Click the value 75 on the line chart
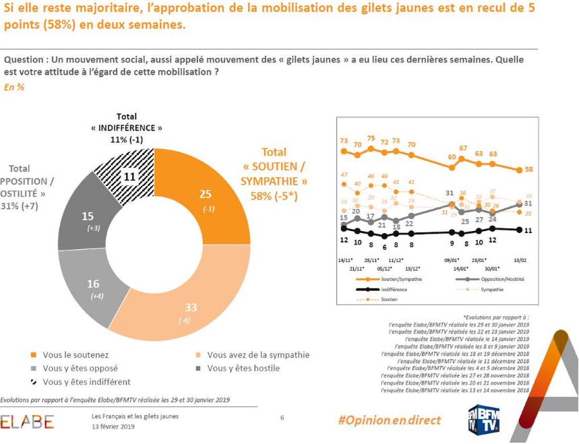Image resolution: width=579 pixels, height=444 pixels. pos(371,138)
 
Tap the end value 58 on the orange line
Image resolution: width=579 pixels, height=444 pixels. pos(529,170)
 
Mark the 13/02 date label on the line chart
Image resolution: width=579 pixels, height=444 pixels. pos(518,259)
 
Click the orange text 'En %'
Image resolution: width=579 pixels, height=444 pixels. pos(14,88)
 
